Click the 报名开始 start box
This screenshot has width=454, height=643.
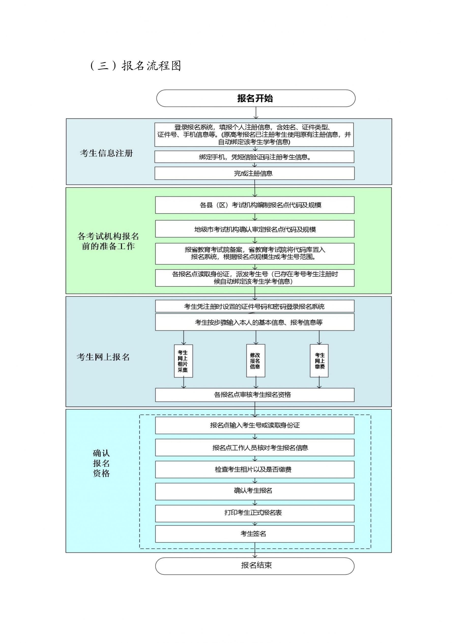click(256, 98)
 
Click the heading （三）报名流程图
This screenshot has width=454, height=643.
click(136, 66)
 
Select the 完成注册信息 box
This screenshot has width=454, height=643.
click(254, 173)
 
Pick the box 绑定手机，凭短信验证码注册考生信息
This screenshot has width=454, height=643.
click(254, 157)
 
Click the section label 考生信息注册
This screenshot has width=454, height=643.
click(107, 153)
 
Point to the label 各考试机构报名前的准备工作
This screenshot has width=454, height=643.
click(108, 241)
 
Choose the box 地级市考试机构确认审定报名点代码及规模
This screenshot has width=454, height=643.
click(255, 229)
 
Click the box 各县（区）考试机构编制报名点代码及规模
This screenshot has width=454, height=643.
click(255, 205)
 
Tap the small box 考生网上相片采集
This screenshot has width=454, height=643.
click(183, 361)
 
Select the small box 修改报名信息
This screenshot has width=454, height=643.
click(256, 361)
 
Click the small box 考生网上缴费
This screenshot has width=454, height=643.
click(319, 361)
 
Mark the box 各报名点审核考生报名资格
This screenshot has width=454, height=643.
click(255, 395)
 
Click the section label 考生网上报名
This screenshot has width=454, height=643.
click(103, 357)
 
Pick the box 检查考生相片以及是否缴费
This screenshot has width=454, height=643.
click(255, 470)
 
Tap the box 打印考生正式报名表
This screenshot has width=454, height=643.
click(255, 513)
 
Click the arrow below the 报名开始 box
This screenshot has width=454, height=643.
click(256, 113)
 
